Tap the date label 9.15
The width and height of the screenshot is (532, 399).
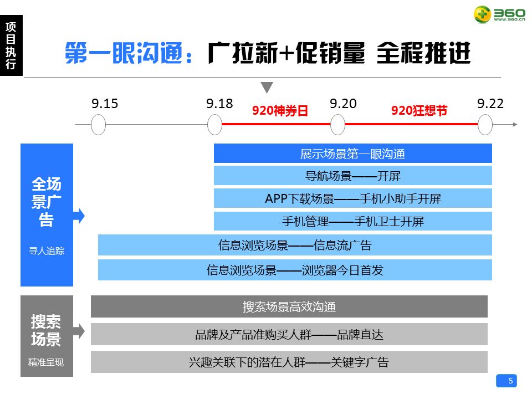(x=105, y=104)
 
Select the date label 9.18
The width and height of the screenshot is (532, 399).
(x=219, y=104)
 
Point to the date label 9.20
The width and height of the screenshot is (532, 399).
(x=343, y=104)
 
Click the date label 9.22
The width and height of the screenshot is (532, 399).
(x=490, y=104)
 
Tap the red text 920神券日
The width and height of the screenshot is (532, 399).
(x=280, y=111)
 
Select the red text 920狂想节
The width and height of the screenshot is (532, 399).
(x=419, y=111)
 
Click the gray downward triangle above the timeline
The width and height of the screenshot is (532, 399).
(x=267, y=88)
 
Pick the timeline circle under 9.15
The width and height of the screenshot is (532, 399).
(x=98, y=125)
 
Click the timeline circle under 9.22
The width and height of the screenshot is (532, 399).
(x=485, y=125)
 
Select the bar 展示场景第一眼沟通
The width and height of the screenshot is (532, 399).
(x=353, y=154)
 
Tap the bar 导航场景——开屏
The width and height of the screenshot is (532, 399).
(x=353, y=176)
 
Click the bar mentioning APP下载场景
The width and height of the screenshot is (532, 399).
(x=353, y=198)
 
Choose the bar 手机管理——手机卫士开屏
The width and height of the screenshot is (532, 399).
(x=353, y=221)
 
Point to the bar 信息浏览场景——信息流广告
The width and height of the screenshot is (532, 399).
(x=295, y=245)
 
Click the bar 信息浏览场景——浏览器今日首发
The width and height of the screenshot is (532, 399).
(x=295, y=270)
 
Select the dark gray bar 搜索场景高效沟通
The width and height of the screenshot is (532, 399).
(x=289, y=306)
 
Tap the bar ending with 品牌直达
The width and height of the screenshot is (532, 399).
(x=289, y=334)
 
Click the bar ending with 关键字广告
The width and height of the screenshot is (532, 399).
(x=289, y=362)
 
